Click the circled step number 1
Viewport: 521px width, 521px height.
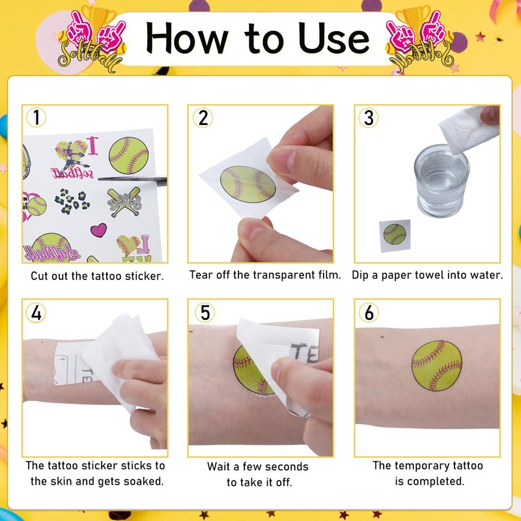click(36, 117)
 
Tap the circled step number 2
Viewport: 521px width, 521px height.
click(203, 118)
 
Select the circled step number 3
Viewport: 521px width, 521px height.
click(369, 118)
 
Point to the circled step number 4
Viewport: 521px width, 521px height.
click(36, 313)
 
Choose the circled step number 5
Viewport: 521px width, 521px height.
click(204, 313)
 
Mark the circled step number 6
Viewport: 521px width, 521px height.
click(369, 313)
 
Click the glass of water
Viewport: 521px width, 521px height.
click(442, 181)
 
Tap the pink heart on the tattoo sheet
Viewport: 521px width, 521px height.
click(99, 230)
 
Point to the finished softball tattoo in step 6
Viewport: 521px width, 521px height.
click(436, 365)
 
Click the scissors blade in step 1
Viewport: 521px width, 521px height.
click(132, 180)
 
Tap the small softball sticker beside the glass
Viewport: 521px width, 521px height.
click(395, 234)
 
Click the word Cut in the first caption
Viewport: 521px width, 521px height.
click(40, 275)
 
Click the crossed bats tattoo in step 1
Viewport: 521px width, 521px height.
click(124, 202)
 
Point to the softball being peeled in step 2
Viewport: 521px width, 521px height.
click(248, 184)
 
